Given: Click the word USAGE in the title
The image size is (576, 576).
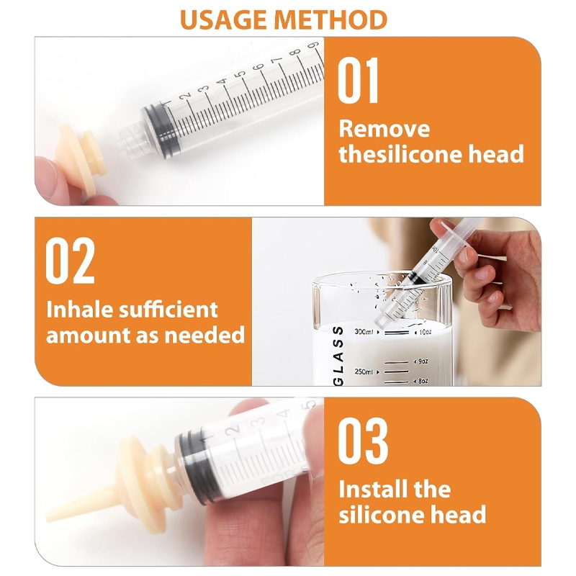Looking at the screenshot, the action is click(x=225, y=19).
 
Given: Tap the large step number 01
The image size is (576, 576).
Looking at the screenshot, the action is click(x=358, y=81).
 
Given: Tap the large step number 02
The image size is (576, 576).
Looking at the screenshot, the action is click(x=70, y=261).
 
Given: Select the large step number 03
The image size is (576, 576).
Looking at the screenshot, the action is click(x=363, y=441).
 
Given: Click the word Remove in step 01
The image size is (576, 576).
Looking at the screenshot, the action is click(x=384, y=130).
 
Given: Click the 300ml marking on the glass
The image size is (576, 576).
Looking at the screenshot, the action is click(x=364, y=332).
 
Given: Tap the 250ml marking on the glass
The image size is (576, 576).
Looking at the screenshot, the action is click(x=364, y=372).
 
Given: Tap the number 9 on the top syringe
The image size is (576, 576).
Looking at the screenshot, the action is click(x=312, y=45).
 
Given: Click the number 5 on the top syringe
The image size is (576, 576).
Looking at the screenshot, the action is click(x=240, y=74).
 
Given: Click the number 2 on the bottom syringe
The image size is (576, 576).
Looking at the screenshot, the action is click(x=235, y=428).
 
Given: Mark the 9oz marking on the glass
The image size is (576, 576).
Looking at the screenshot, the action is click(x=423, y=361).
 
